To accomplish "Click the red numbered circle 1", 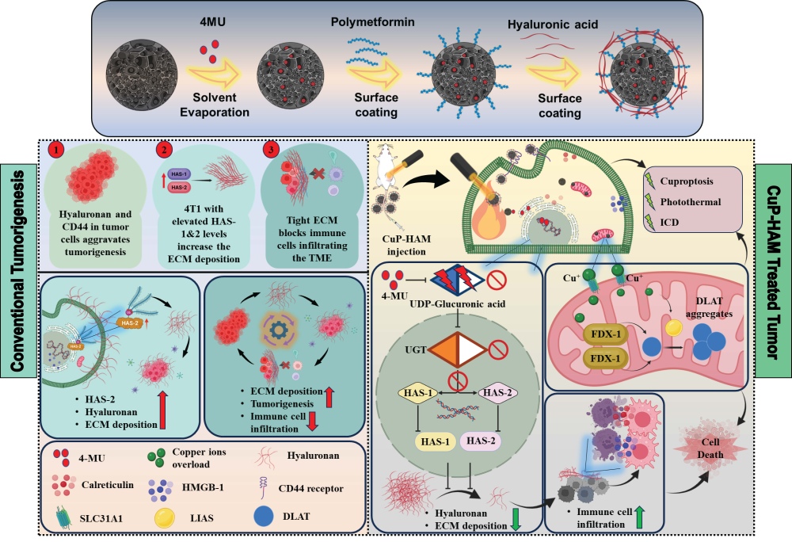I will [x=56, y=150].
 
